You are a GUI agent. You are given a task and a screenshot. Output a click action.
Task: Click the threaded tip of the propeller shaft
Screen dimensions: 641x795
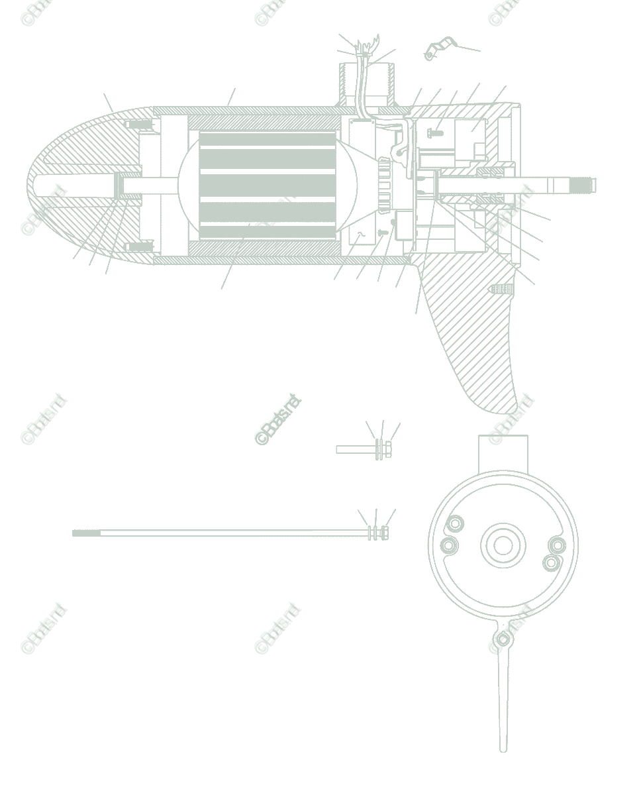pos(586,185)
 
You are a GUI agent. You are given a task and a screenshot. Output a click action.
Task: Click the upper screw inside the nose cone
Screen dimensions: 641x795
pos(139,125)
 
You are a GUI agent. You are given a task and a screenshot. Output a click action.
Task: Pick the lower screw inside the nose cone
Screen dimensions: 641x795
pos(139,246)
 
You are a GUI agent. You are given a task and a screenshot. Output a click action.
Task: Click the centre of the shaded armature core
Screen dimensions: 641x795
pos(268,185)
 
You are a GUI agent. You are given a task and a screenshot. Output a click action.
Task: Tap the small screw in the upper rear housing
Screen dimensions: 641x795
pos(434,133)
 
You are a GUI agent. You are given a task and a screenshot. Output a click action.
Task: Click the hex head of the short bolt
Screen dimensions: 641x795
pos(389,450)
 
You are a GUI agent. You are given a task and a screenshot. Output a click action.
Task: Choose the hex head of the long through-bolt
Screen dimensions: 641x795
pos(384,533)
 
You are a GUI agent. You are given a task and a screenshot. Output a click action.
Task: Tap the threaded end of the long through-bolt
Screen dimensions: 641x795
pos(86,533)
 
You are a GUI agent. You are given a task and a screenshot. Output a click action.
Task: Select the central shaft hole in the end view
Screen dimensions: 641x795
pos(503,545)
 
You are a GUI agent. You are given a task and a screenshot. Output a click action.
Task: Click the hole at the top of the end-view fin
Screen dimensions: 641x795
pos(503,639)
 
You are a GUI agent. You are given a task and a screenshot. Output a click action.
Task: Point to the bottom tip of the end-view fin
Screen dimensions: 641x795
pos(503,749)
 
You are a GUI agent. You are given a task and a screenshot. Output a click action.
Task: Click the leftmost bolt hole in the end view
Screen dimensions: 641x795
pos(448,546)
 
